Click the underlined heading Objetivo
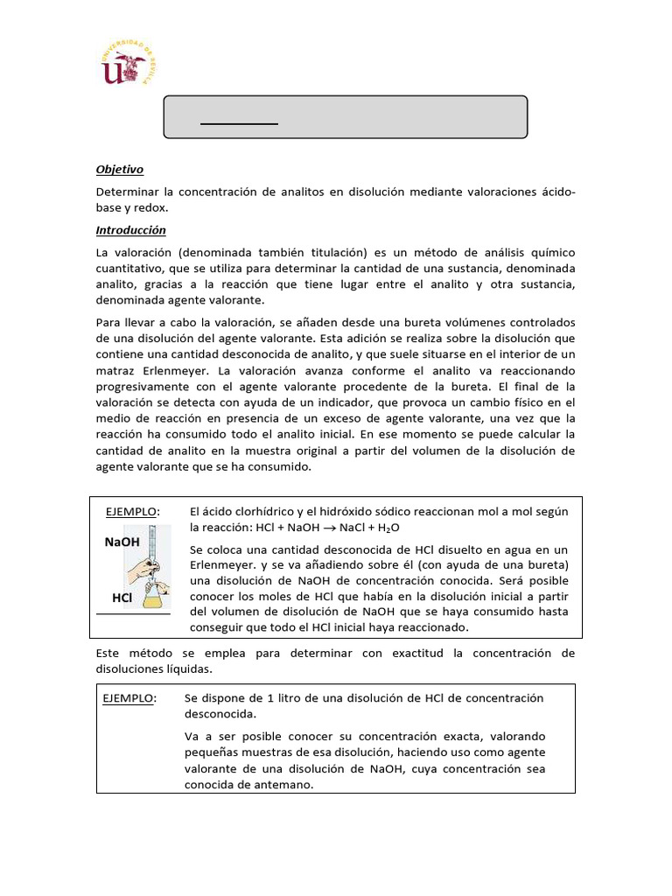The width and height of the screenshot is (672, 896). point(119,170)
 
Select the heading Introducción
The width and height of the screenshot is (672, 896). point(130,230)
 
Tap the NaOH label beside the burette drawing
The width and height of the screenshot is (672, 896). point(122,542)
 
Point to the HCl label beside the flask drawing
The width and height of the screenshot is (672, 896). point(122,598)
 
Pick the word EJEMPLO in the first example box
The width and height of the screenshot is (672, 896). point(132,511)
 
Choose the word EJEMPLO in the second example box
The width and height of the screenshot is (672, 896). point(129,698)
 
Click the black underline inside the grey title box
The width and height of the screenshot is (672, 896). point(239,124)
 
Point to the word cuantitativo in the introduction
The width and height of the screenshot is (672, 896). point(133,268)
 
